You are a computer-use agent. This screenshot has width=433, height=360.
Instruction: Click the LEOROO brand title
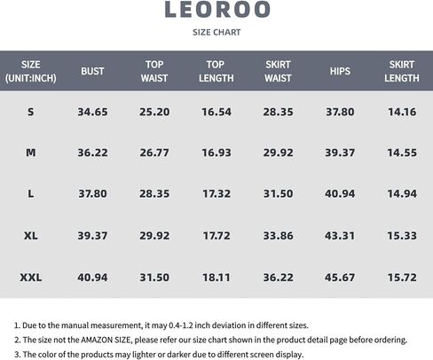tap(216, 10)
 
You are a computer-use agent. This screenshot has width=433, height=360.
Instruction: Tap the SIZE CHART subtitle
tap(216, 32)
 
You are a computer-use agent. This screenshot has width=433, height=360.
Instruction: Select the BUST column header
tap(92, 71)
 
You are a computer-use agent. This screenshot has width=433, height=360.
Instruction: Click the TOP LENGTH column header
tap(216, 71)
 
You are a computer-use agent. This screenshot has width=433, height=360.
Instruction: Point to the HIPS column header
tap(340, 71)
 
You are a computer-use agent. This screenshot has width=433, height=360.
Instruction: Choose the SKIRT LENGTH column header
tap(402, 71)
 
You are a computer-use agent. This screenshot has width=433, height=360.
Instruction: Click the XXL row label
tap(31, 278)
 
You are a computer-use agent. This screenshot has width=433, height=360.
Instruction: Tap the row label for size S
tap(31, 112)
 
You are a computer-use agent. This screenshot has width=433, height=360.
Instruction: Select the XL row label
tap(31, 236)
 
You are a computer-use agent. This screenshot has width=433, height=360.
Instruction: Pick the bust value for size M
tap(92, 153)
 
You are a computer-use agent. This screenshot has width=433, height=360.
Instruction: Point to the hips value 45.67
tap(340, 278)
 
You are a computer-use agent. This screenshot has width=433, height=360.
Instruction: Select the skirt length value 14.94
tap(402, 194)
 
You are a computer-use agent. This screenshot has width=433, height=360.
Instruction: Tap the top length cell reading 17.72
tap(216, 236)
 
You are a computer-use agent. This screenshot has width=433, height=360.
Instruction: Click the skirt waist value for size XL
tap(279, 236)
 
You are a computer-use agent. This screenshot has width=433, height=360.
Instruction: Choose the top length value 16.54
tap(216, 112)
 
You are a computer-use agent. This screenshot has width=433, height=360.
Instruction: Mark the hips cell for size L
tap(340, 194)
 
